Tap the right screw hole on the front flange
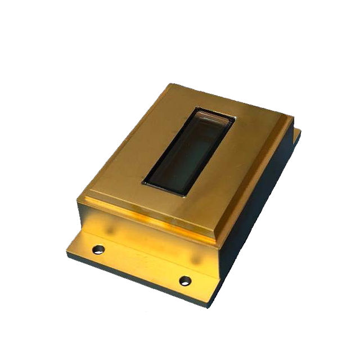tap(184, 280)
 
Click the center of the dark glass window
tap(190, 151)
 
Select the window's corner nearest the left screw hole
tap(143, 182)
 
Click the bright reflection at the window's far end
tap(214, 115)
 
